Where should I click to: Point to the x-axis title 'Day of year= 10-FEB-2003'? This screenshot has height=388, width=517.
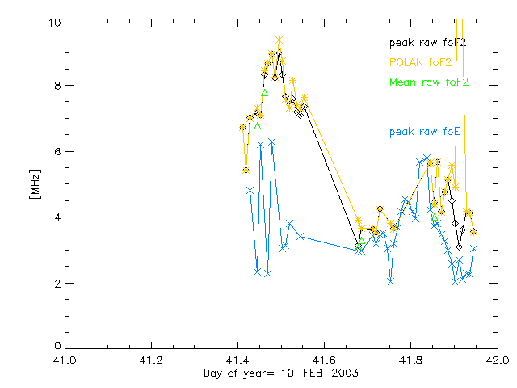tap(280, 373)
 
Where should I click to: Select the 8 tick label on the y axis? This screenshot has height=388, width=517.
tap(53, 86)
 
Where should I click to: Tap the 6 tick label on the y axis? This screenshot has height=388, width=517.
tap(53, 152)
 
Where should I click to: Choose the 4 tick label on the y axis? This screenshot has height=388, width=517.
tap(53, 217)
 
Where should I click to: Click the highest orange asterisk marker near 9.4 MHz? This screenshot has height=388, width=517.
tap(279, 40)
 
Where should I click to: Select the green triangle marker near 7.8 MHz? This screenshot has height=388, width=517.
tap(264, 92)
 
